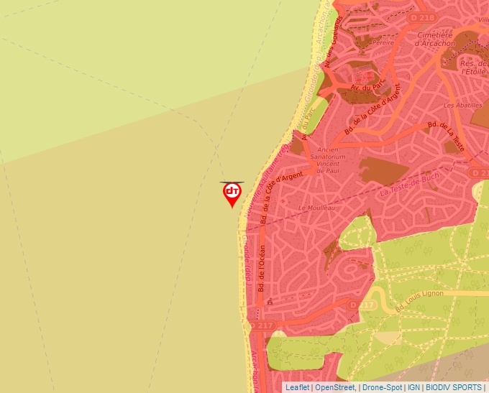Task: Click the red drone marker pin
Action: click(x=232, y=193)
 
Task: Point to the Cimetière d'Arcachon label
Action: click(x=435, y=38)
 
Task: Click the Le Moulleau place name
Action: click(x=317, y=207)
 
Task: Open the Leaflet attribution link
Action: click(x=297, y=387)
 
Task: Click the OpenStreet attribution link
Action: click(x=334, y=387)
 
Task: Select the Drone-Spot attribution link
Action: click(x=382, y=387)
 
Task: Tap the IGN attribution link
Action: click(x=413, y=387)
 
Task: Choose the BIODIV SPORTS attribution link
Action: click(x=454, y=387)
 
